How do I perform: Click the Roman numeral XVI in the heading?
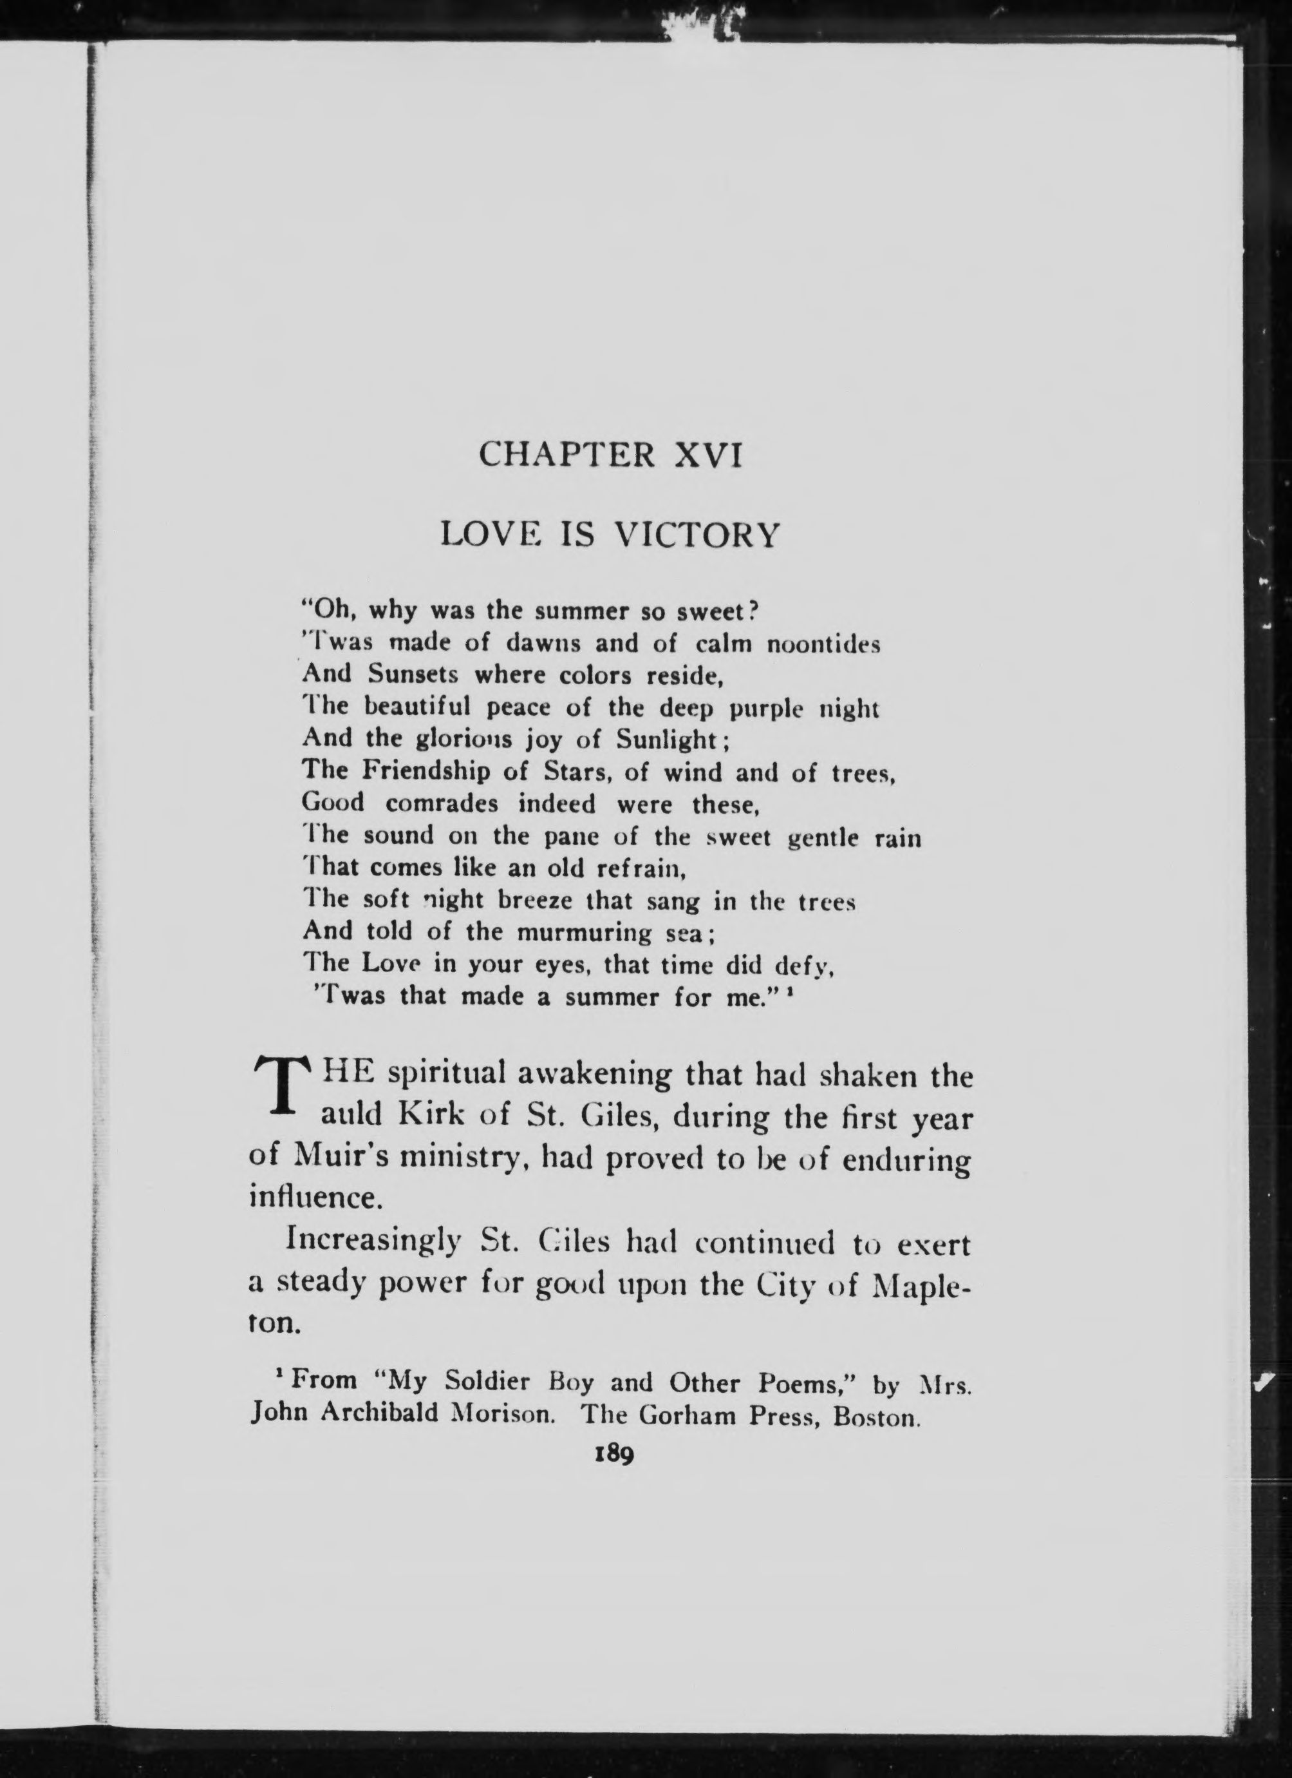707,454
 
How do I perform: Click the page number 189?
613,1453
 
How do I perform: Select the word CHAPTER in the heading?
566,454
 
